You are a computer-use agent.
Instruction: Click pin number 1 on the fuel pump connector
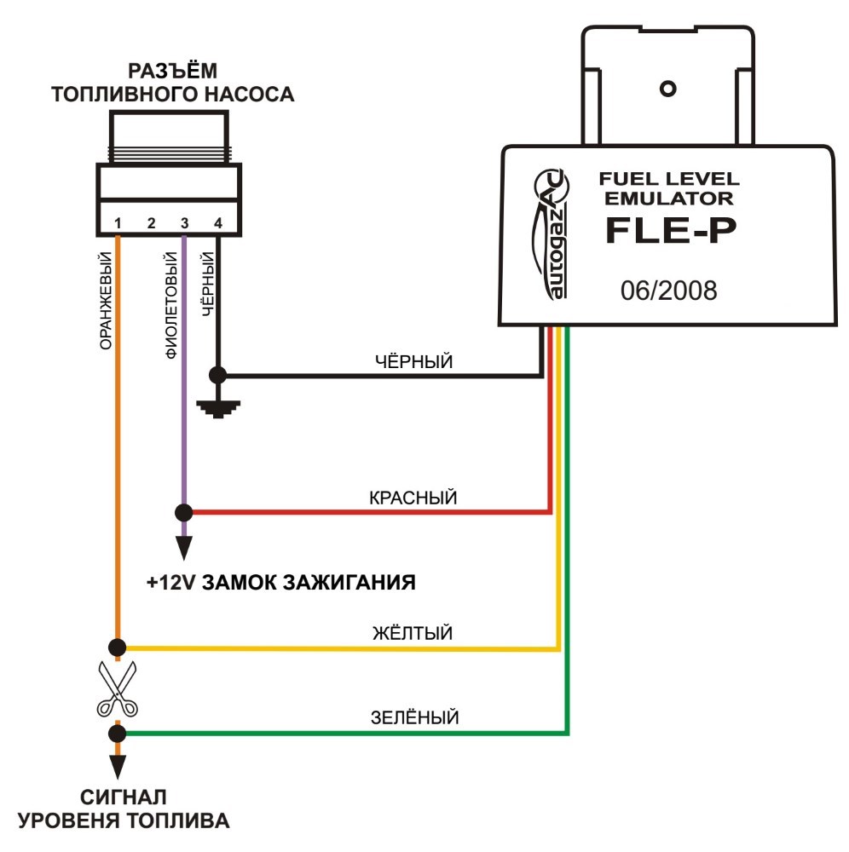coord(118,222)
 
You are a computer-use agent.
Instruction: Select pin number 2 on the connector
coord(151,222)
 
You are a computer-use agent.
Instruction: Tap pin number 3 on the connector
coord(184,222)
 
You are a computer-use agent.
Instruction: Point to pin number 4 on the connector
coord(218,222)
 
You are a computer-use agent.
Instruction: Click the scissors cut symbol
coord(117,688)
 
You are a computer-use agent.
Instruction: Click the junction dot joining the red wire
coord(184,512)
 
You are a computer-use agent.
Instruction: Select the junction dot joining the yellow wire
coord(118,648)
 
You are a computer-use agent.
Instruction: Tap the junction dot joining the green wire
coord(118,734)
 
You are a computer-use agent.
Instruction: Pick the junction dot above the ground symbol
coord(218,375)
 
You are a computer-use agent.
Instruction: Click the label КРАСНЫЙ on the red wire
coord(413,498)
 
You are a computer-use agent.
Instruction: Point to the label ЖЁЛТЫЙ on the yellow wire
coord(413,632)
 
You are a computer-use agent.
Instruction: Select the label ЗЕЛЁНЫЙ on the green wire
coord(415,717)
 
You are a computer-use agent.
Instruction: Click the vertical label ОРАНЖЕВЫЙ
coord(106,301)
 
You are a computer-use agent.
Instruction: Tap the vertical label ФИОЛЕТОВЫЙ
coord(171,305)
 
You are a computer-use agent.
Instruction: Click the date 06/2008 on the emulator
coord(668,291)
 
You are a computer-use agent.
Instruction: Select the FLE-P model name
coord(671,230)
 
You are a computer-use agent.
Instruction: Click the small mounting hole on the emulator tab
coord(668,89)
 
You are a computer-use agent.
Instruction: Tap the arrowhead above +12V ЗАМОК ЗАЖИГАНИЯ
coord(184,548)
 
